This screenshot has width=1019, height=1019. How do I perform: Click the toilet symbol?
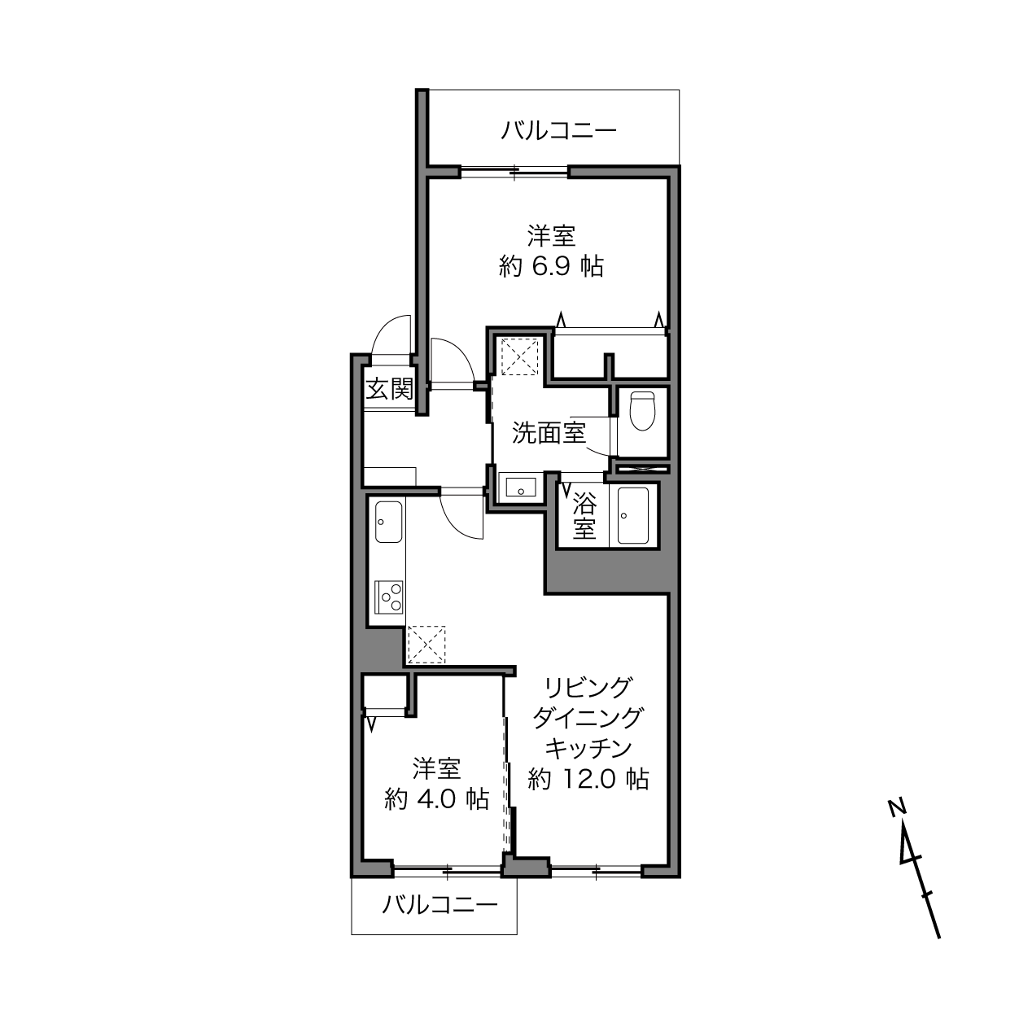pyautogui.click(x=642, y=410)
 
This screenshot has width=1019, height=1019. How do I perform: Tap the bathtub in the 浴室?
pyautogui.click(x=633, y=515)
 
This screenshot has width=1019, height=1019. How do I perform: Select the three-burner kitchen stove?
pyautogui.click(x=389, y=597)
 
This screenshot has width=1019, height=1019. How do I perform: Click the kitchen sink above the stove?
pyautogui.click(x=389, y=522)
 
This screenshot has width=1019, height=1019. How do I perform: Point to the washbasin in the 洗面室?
pyautogui.click(x=521, y=486)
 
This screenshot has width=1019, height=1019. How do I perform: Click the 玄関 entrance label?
pyautogui.click(x=390, y=390)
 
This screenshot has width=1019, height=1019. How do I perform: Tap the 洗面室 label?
pyautogui.click(x=549, y=433)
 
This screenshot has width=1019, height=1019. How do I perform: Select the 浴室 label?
pyautogui.click(x=584, y=515)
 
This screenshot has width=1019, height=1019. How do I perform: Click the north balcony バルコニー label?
pyautogui.click(x=558, y=130)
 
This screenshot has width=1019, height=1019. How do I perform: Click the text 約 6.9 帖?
pyautogui.click(x=551, y=266)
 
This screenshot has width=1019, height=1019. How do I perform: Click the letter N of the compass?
pyautogui.click(x=898, y=808)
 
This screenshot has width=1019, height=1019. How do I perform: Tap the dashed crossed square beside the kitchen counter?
pyautogui.click(x=426, y=645)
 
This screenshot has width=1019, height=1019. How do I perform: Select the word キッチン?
pyautogui.click(x=588, y=748)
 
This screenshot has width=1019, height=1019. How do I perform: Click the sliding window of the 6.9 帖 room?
pyautogui.click(x=514, y=172)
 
